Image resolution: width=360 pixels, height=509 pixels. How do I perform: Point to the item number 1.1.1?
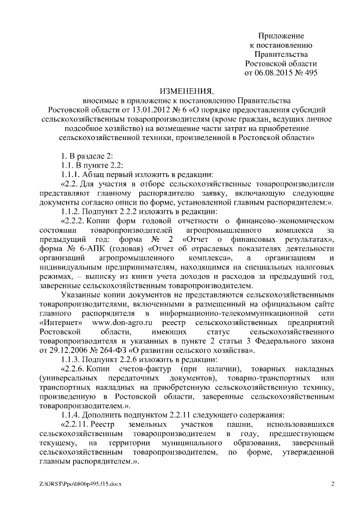click(71, 174)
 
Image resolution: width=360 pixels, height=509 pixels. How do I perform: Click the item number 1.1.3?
click(71, 359)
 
